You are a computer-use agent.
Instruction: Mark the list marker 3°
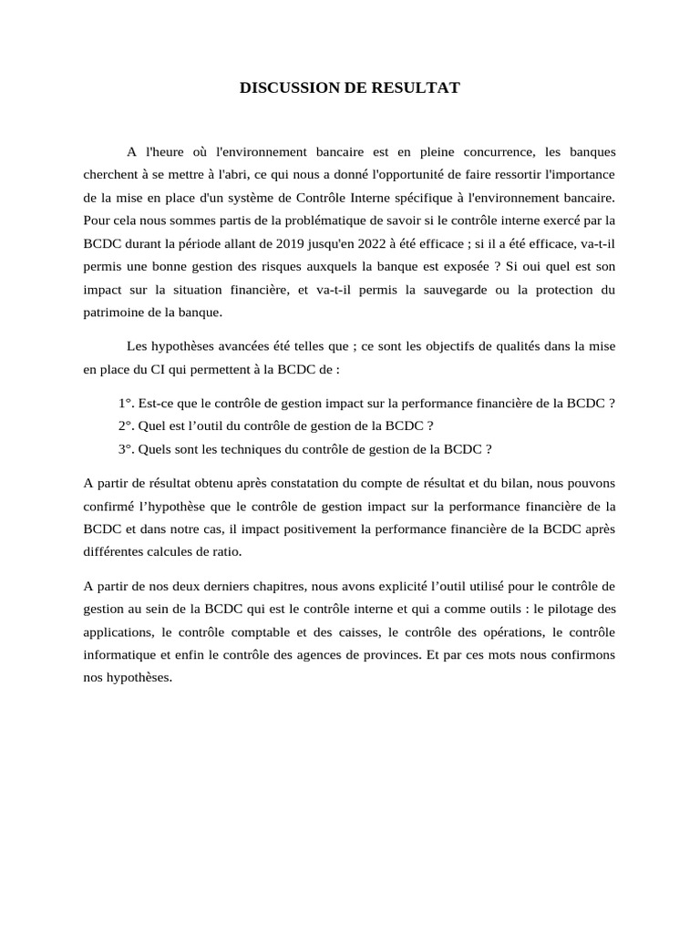click(x=126, y=448)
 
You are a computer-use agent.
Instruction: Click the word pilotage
click(x=571, y=608)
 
